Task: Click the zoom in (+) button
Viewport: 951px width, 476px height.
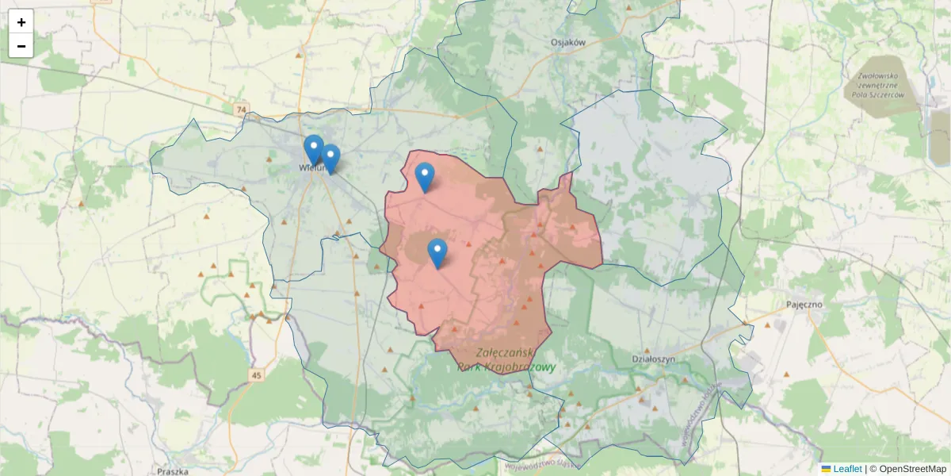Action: [21, 22]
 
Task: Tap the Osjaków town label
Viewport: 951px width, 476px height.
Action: [567, 43]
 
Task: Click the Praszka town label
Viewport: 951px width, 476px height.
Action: [172, 471]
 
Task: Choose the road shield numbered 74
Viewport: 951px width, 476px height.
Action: [241, 109]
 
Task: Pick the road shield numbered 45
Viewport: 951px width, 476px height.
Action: [255, 375]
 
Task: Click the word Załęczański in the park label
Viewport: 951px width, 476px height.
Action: [507, 352]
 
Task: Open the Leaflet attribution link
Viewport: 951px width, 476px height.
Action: [847, 469]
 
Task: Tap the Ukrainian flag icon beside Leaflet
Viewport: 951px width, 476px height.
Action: [826, 469]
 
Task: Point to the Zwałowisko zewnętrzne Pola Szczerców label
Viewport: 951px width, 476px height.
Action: [877, 86]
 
